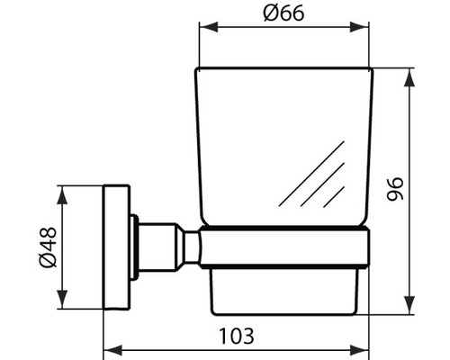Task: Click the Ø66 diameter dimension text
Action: click(283, 15)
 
